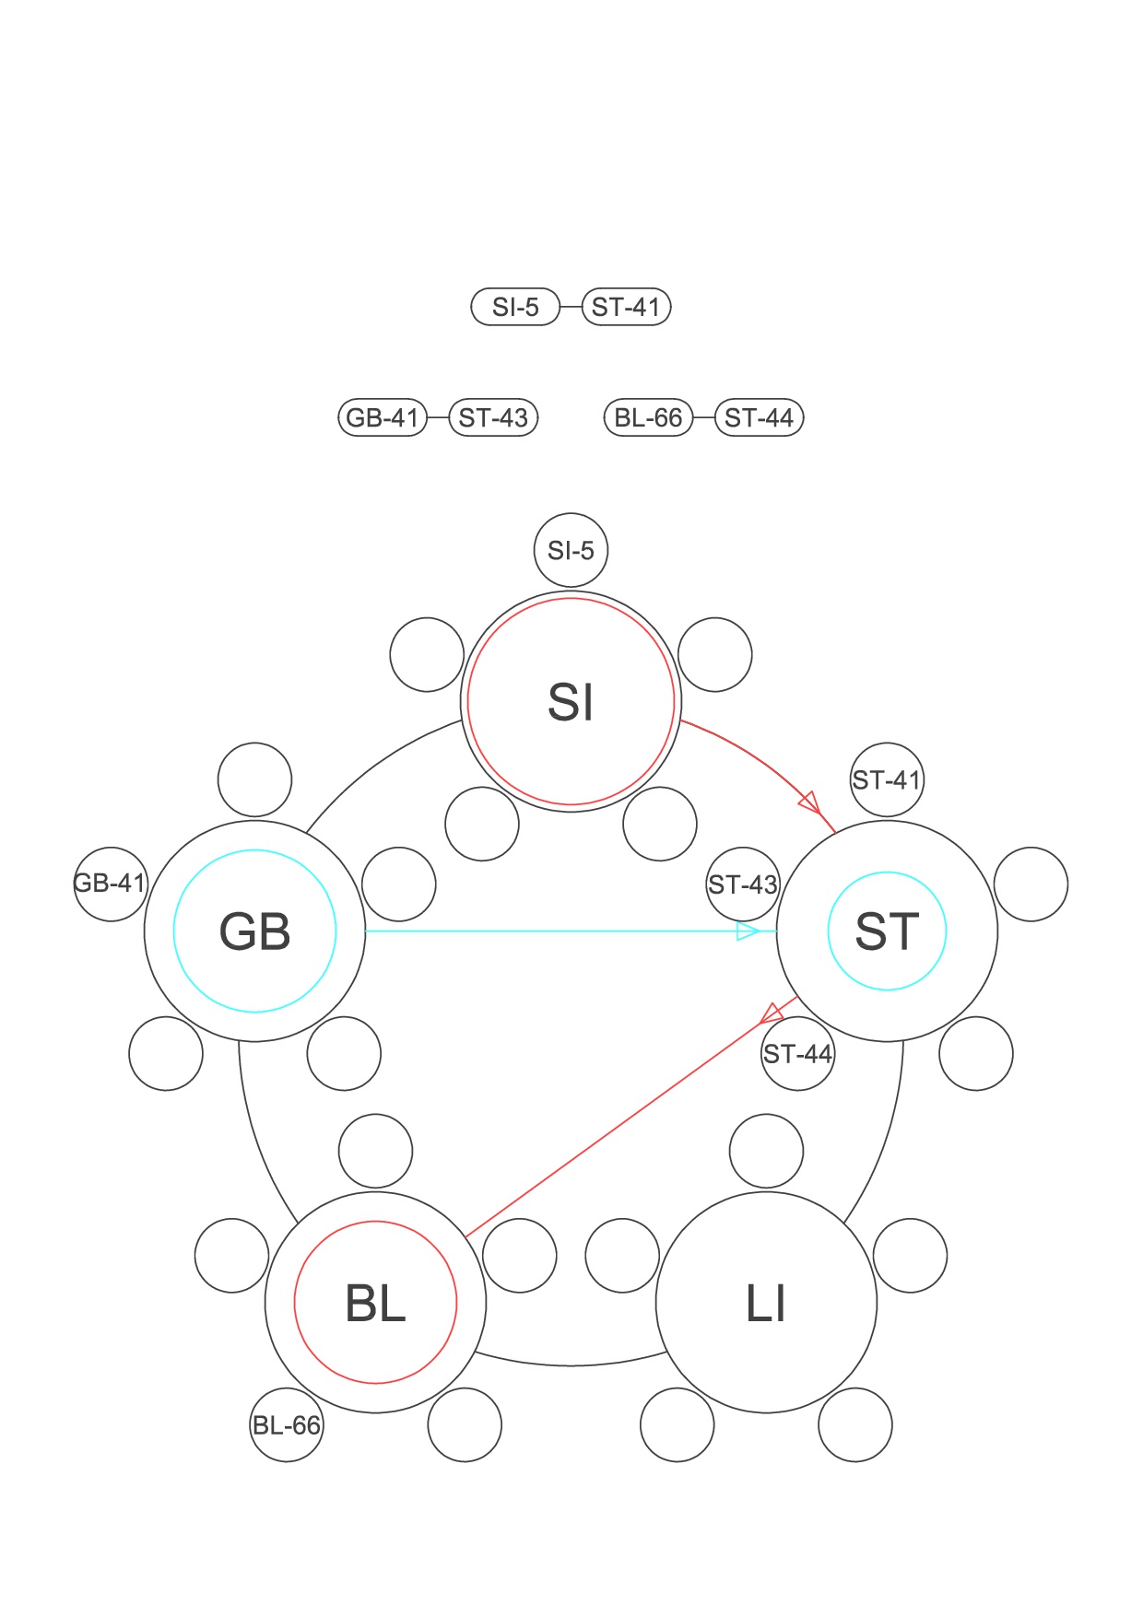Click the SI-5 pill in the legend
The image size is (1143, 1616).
[515, 307]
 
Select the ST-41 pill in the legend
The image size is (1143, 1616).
[626, 307]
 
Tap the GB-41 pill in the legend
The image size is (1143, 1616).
[383, 417]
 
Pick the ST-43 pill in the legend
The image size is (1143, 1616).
[493, 417]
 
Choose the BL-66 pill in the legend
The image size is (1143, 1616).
[648, 417]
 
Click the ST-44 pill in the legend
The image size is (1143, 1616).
[759, 417]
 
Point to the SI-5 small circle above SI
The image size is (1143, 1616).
[571, 550]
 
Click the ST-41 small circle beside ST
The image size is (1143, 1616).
[886, 779]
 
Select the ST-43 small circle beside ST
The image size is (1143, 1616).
[743, 884]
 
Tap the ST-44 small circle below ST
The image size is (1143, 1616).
[797, 1053]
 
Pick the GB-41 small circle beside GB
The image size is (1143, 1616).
[110, 883]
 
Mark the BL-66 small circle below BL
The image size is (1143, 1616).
[287, 1424]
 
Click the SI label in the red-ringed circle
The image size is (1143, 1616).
[571, 702]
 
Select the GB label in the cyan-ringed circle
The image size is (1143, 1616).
[254, 931]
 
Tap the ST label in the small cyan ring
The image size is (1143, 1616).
[887, 931]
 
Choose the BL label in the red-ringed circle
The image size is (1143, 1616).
[375, 1304]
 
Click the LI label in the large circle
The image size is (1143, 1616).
[766, 1304]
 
